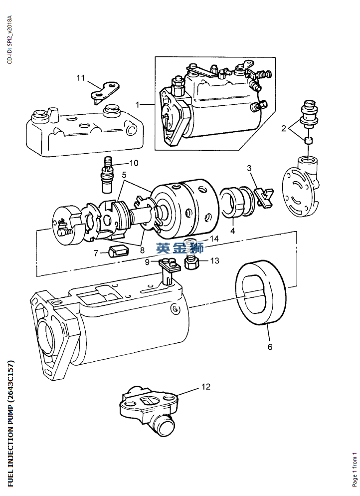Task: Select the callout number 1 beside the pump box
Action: (x=137, y=104)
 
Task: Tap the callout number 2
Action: (x=284, y=129)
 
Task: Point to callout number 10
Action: (x=134, y=163)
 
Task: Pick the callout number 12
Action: (x=206, y=386)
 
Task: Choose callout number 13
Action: (x=214, y=260)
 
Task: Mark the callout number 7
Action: (x=96, y=253)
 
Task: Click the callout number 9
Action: (x=147, y=261)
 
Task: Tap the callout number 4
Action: (x=232, y=231)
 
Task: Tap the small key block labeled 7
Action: (x=118, y=249)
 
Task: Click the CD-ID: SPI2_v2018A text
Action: (x=9, y=40)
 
